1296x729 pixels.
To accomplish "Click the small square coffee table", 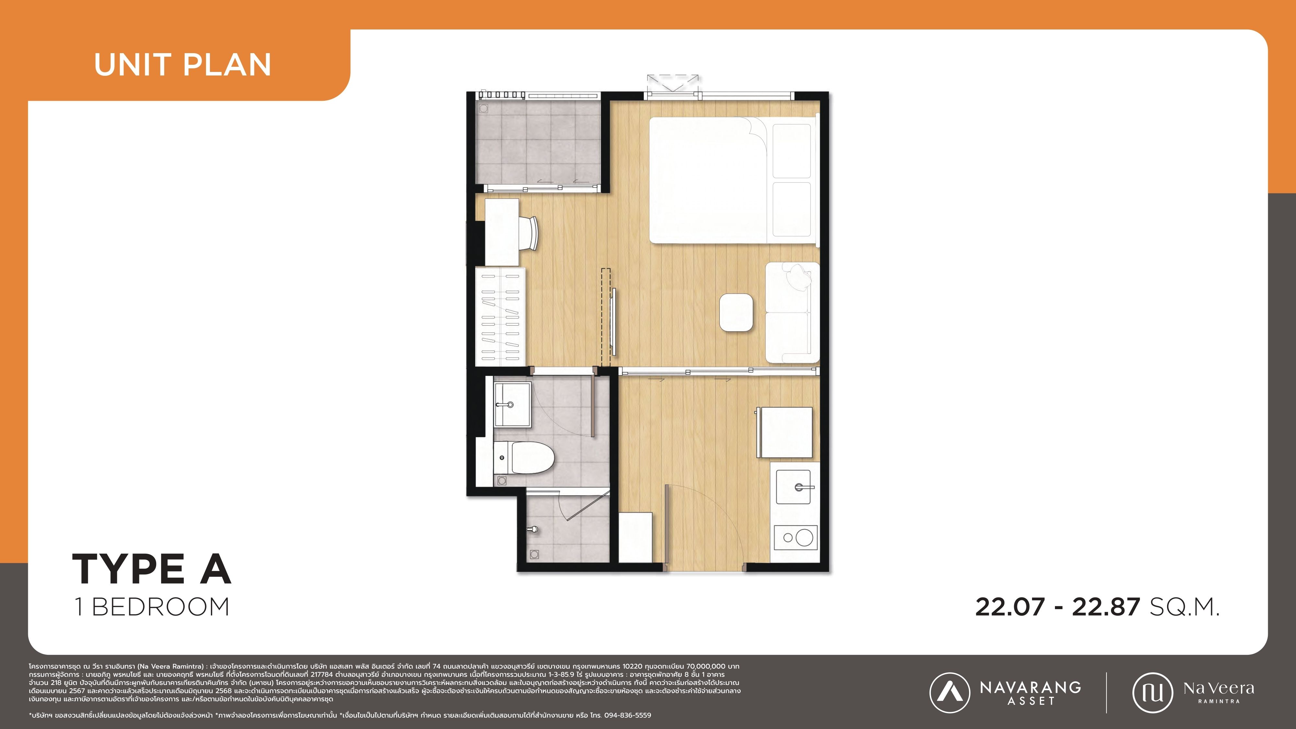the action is point(736,312).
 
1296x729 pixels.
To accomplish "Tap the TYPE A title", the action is point(151,569).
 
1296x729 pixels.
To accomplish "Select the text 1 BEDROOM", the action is point(152,607).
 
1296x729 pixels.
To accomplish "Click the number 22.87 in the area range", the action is point(1105,607).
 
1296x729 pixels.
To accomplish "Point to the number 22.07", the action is point(1010,607).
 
